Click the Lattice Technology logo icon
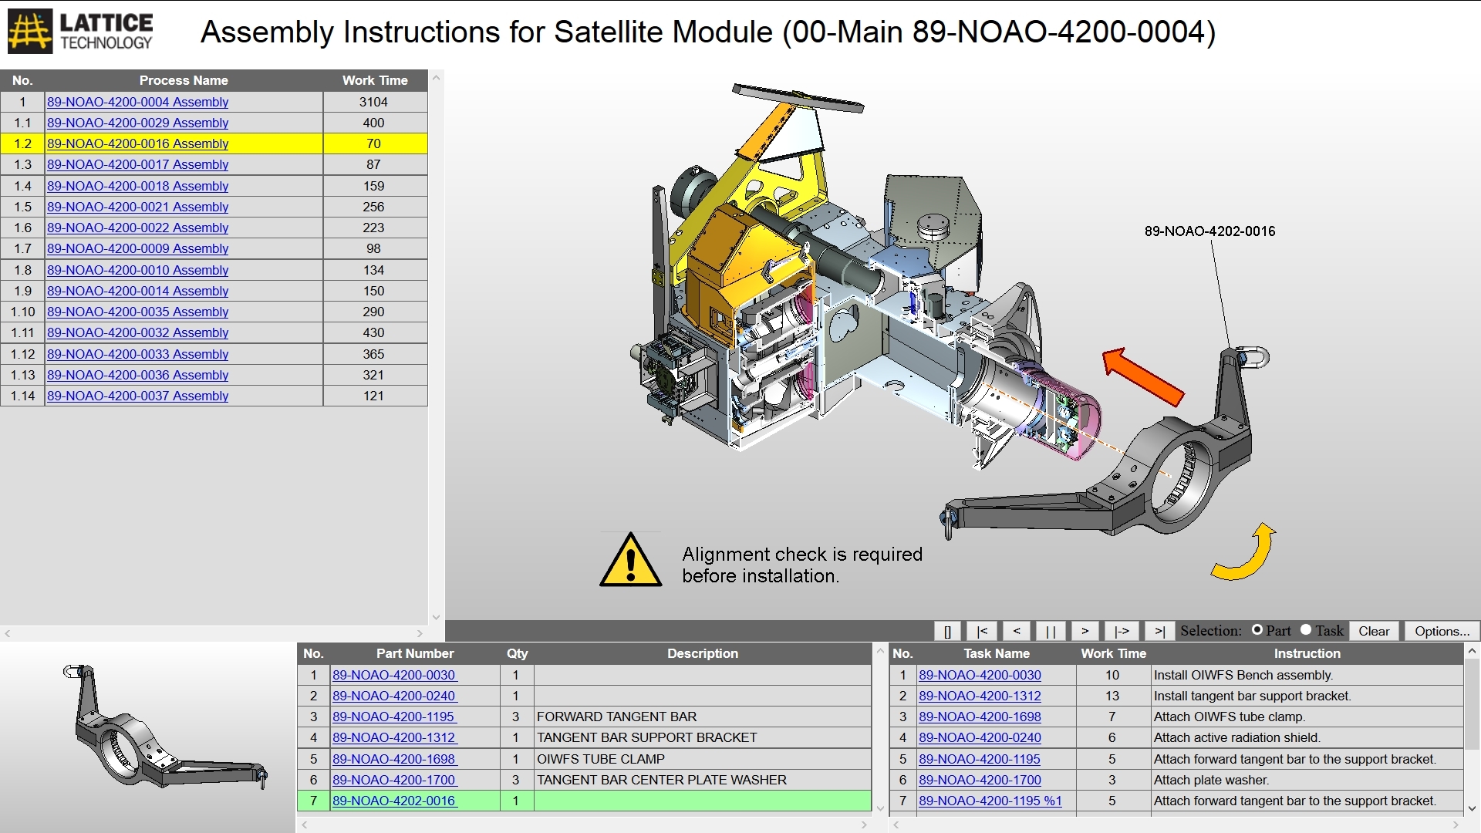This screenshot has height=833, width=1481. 30,32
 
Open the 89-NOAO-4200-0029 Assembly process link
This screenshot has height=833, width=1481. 137,123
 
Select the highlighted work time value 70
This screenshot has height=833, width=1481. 373,143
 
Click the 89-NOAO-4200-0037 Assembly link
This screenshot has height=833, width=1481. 137,396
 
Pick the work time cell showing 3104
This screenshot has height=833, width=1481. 373,102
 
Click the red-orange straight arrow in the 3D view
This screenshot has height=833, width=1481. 1142,376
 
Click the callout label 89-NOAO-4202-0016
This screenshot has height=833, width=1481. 1209,231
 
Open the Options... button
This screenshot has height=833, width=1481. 1441,631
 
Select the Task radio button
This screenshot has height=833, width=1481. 1306,629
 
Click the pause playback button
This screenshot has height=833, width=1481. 1050,631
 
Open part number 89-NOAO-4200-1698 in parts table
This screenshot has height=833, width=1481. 393,759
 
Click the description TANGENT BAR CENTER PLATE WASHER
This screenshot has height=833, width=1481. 661,780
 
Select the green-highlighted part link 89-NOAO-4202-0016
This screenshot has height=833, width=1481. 394,801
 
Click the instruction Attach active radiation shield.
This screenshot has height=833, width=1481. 1236,737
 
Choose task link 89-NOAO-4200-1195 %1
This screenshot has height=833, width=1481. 990,801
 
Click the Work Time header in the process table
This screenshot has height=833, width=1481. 375,80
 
